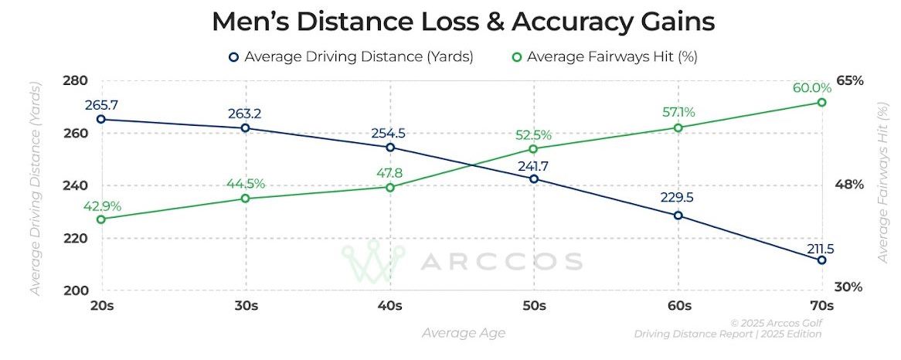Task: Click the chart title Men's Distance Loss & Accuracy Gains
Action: pos(463,22)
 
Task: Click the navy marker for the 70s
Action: pos(821,260)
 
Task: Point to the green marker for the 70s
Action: pos(821,102)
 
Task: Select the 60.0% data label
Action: pos(812,87)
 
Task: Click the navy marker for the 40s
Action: pos(389,148)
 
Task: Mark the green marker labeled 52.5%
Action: pos(533,149)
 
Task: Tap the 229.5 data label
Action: pos(677,198)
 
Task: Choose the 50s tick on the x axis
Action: pos(533,305)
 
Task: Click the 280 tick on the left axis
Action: pos(76,81)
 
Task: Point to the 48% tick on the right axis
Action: pos(848,185)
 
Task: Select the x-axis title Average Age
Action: pos(464,333)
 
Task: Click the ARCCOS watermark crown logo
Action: pos(372,260)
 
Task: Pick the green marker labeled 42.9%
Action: pos(101,219)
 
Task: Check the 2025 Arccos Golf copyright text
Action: pos(775,323)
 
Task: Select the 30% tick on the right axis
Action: pos(848,287)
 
